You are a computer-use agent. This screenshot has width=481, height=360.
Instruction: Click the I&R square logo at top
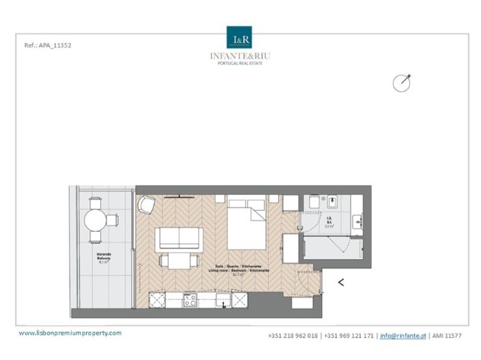click(x=240, y=37)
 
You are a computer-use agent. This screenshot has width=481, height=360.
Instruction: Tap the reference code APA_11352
click(x=48, y=46)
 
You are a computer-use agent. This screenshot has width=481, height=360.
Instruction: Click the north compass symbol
click(x=401, y=83)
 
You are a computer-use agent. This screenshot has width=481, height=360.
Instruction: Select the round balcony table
click(x=95, y=220)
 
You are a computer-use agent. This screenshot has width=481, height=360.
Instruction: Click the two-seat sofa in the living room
click(x=178, y=239)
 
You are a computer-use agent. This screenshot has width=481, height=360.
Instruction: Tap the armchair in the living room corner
click(x=147, y=205)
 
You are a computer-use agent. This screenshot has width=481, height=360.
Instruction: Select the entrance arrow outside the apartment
click(x=340, y=280)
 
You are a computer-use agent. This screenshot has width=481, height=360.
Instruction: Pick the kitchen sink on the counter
click(x=222, y=299)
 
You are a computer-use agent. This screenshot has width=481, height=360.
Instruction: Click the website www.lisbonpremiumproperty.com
click(x=70, y=333)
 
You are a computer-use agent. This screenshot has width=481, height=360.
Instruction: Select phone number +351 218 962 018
click(x=293, y=335)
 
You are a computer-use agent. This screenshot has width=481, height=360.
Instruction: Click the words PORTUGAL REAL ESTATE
click(x=240, y=63)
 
